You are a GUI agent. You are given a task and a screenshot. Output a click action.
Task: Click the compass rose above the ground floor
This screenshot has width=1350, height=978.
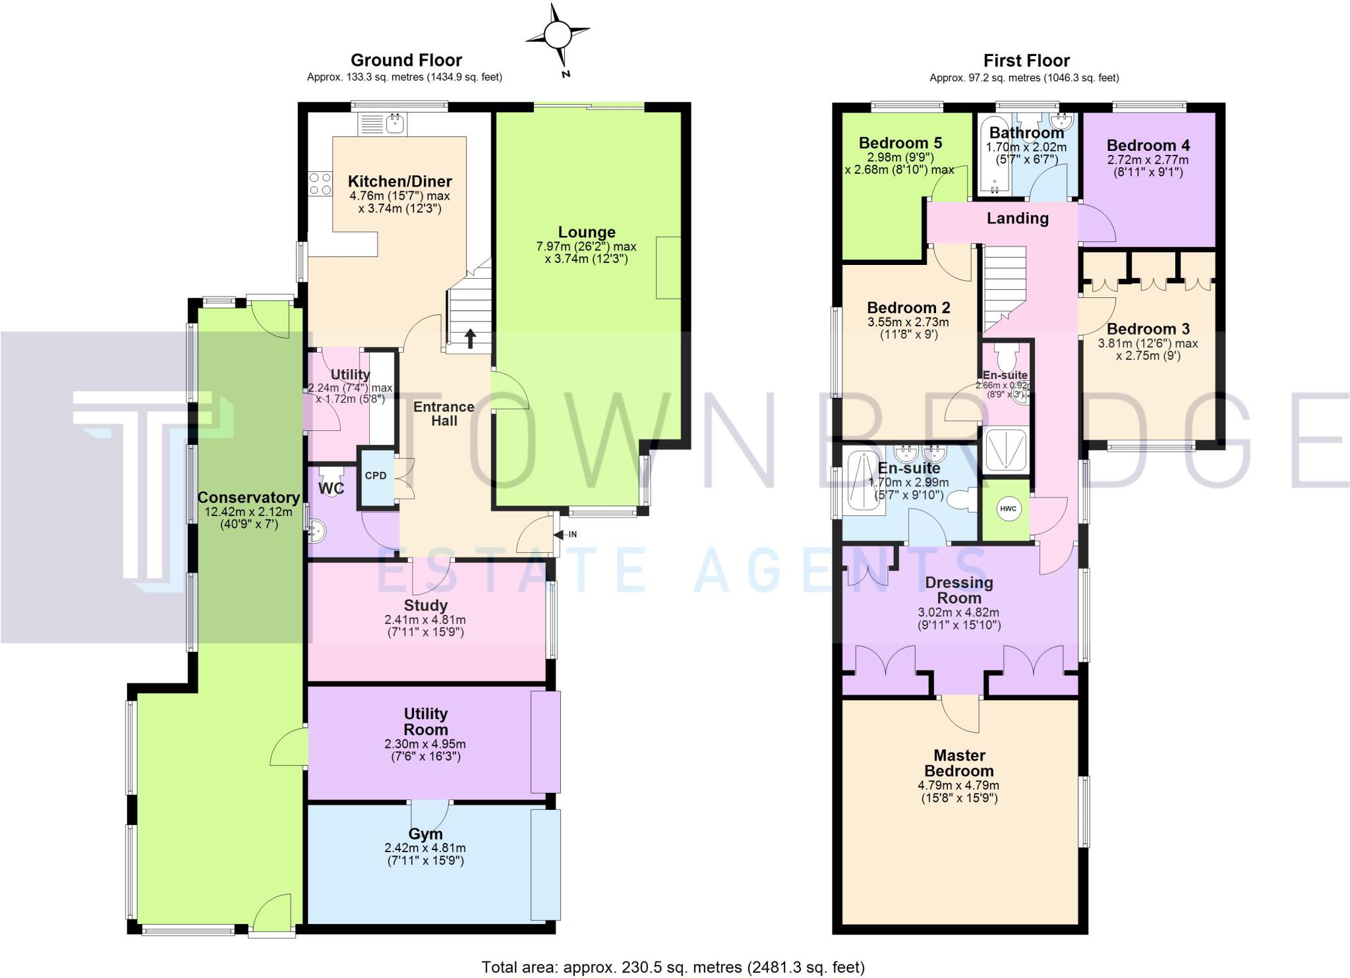(x=558, y=34)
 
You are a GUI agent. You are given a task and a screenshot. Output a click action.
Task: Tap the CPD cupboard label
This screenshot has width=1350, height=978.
(x=376, y=476)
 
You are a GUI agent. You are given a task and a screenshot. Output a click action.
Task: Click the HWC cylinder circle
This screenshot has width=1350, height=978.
(x=1008, y=509)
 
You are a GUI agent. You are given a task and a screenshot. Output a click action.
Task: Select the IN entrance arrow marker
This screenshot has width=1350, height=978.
(x=566, y=534)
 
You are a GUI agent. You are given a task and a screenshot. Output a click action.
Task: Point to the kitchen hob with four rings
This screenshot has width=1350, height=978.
(x=320, y=184)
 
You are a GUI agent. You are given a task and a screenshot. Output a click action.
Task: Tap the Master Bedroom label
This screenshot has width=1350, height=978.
(x=958, y=763)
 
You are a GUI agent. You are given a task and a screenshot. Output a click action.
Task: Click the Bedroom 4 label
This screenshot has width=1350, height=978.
(x=1148, y=146)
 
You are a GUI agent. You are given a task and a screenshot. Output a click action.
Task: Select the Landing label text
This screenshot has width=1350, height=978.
(x=1017, y=219)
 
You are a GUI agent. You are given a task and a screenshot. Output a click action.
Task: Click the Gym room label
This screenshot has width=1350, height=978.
(x=425, y=834)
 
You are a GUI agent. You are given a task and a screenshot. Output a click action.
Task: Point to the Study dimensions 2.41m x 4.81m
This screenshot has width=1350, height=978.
(x=425, y=620)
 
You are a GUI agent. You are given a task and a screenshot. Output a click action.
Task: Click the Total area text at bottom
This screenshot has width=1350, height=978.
(x=673, y=967)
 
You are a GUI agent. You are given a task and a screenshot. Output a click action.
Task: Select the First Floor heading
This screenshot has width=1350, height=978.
(x=1026, y=61)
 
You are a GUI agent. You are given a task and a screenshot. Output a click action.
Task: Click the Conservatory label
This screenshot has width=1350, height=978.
(x=249, y=498)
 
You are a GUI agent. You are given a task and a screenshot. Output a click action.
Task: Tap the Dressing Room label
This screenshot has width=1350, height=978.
(x=959, y=590)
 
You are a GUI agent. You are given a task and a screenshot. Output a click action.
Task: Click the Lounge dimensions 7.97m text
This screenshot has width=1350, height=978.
(x=586, y=247)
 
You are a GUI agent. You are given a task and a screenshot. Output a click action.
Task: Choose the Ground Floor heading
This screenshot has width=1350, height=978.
(x=406, y=61)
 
